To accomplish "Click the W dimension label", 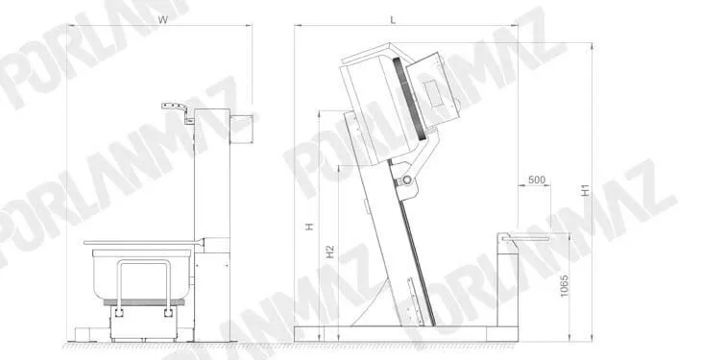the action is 163,20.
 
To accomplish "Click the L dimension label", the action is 393,20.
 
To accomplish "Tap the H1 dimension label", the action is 585,190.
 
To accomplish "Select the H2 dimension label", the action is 330,252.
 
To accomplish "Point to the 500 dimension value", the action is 537,180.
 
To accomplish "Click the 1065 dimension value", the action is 564,286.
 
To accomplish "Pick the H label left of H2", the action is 309,227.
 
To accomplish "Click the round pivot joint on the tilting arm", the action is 407,180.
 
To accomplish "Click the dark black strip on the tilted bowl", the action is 409,98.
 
